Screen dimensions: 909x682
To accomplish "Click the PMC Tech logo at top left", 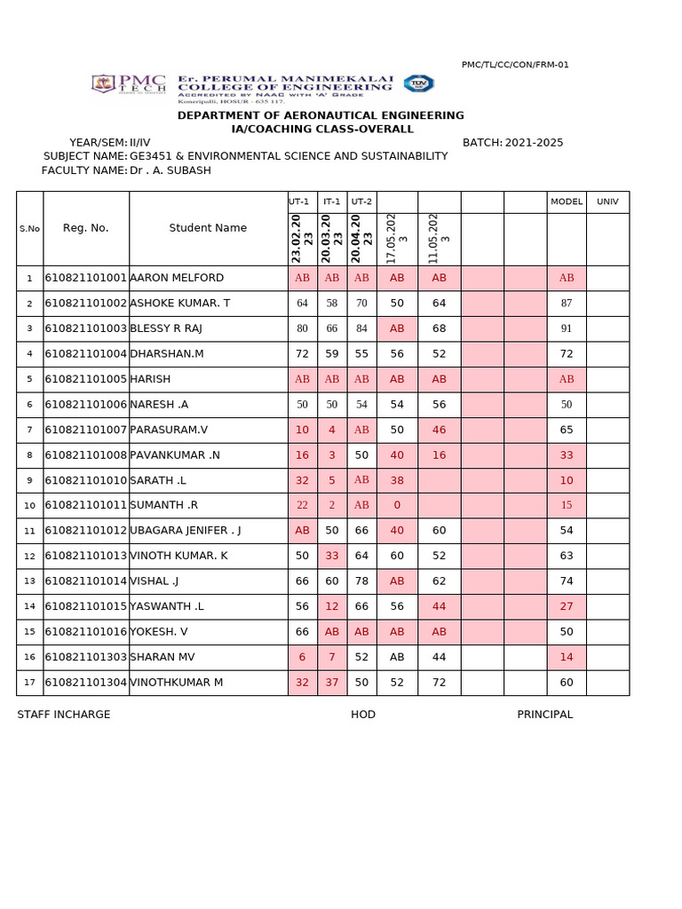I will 128,84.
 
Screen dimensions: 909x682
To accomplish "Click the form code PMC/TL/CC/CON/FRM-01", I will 515,65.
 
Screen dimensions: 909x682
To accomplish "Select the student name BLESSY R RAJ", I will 166,328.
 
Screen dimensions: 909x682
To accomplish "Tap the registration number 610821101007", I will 86,430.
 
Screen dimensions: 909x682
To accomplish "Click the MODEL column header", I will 567,202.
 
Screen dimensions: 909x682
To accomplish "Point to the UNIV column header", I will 607,202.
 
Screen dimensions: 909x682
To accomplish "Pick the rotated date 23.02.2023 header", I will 302,238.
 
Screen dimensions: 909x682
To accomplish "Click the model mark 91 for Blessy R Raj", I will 567,328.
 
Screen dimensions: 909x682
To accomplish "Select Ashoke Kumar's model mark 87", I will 567,304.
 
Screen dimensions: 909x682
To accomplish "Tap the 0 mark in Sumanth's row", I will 397,505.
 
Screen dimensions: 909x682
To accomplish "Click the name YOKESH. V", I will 160,632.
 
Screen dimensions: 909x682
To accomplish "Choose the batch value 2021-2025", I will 534,143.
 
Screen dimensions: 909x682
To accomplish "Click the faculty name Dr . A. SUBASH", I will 170,170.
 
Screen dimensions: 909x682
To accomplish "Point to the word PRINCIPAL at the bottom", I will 545,715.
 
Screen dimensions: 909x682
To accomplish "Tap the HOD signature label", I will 363,715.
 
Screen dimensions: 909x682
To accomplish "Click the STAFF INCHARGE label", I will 64,715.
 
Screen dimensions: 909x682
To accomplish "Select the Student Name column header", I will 208,228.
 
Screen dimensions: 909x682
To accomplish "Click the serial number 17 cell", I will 29,683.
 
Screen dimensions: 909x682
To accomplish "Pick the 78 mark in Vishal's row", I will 361,581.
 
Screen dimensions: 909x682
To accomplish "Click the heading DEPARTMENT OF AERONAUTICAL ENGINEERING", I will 321,115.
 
